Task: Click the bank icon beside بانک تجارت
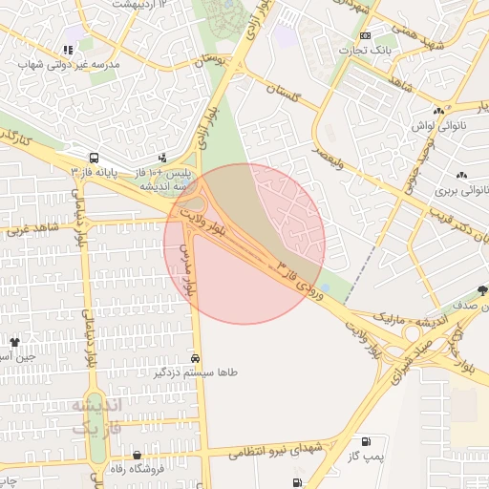[x=365, y=35]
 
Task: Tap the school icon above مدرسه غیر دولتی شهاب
[x=67, y=50]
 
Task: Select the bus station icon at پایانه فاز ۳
[x=94, y=157]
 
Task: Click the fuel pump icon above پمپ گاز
[x=367, y=441]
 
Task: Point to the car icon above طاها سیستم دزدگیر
[x=196, y=358]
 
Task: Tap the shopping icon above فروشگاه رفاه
[x=138, y=456]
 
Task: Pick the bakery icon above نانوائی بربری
[x=462, y=175]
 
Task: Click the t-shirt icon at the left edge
[x=14, y=341]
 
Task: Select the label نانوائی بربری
[x=461, y=190]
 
